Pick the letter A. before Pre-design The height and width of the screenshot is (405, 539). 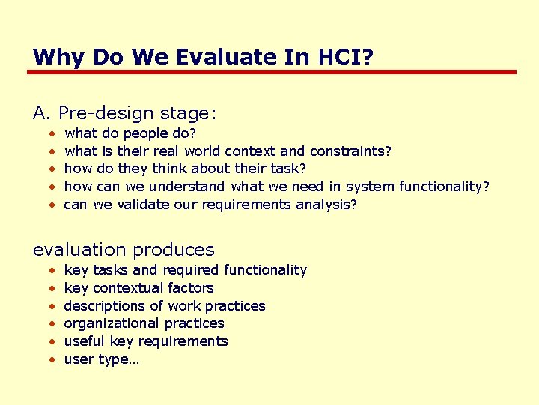point(42,113)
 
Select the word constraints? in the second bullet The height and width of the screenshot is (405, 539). point(350,151)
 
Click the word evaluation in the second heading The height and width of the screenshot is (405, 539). point(78,250)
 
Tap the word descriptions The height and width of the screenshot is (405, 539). point(105,306)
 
